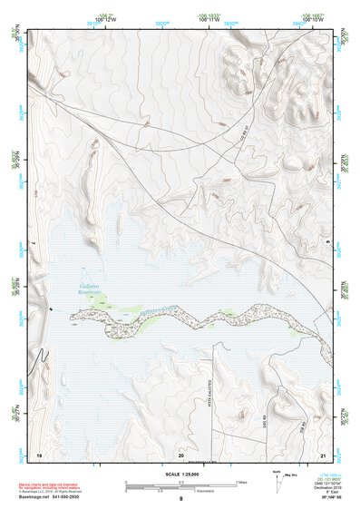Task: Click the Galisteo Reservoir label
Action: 87,292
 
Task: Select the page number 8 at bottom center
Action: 180,498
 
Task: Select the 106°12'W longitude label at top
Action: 106,17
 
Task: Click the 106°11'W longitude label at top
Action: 208,17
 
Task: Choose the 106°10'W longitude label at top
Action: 311,17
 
